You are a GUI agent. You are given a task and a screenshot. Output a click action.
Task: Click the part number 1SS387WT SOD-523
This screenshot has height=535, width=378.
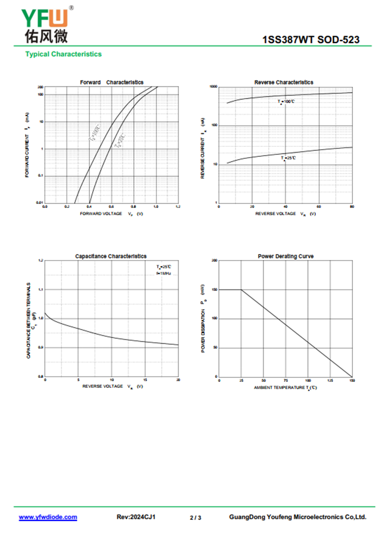click(x=311, y=40)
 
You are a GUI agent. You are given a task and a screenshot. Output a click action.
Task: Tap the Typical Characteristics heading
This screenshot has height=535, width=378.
click(x=63, y=54)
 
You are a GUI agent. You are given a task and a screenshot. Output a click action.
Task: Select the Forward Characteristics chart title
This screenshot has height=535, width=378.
click(x=112, y=82)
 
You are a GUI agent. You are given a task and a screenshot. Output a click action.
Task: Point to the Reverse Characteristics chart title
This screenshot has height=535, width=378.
click(x=283, y=82)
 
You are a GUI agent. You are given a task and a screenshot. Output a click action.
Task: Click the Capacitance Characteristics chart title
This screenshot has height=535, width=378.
click(x=111, y=256)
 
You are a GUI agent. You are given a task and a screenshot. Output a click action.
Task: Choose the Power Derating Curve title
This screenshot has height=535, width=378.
click(x=285, y=256)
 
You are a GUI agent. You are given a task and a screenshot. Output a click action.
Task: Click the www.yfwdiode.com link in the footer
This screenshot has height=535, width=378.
click(x=48, y=517)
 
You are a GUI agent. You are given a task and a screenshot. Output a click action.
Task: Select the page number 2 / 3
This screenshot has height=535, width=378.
click(x=195, y=518)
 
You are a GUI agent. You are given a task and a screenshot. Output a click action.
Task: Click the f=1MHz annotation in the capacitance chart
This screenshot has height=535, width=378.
click(x=163, y=274)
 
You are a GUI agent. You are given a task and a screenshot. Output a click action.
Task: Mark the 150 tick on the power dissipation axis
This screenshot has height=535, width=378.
click(x=215, y=289)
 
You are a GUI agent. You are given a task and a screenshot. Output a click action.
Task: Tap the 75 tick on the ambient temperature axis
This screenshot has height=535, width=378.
click(x=285, y=380)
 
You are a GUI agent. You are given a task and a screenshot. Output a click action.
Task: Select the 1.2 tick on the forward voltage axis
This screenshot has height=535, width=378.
click(x=178, y=206)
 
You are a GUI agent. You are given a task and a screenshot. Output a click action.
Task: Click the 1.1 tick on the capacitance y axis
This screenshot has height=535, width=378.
click(x=41, y=289)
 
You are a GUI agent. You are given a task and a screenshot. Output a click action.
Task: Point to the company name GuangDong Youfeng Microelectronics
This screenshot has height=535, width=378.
click(x=298, y=517)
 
